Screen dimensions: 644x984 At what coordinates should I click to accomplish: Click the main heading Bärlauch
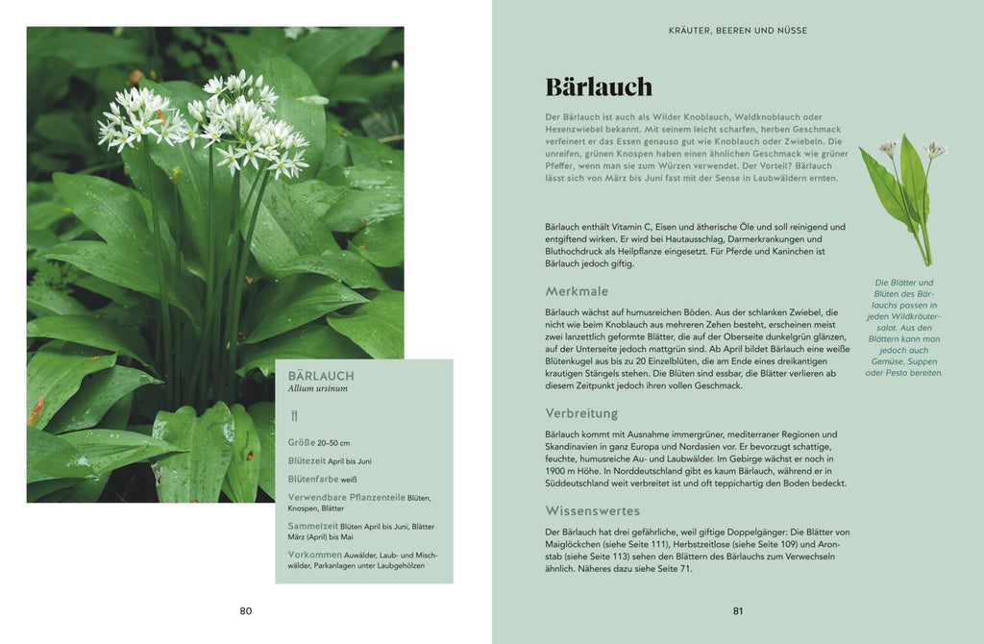coord(599,87)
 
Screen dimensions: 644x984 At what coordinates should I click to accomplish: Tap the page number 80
coord(246,611)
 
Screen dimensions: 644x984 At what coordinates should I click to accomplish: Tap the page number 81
coord(738,611)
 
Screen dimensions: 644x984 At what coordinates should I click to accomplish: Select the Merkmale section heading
coord(577,291)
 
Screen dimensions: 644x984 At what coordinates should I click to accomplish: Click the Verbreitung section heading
coord(581,413)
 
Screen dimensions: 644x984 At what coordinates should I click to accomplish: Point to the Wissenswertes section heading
coord(592,510)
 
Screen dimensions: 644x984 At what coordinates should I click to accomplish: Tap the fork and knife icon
coord(294,416)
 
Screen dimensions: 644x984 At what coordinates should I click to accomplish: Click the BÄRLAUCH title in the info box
coord(321,376)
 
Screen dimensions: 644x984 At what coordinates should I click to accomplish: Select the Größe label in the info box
coord(301,443)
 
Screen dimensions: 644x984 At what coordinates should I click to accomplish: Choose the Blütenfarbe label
coord(313,478)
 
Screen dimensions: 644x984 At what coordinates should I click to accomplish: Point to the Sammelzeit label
coord(312,526)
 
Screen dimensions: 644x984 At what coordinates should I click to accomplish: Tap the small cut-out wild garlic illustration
coord(901,197)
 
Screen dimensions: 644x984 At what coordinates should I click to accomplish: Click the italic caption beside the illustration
coord(903,328)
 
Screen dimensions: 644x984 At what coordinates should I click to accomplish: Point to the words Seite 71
coord(671,569)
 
